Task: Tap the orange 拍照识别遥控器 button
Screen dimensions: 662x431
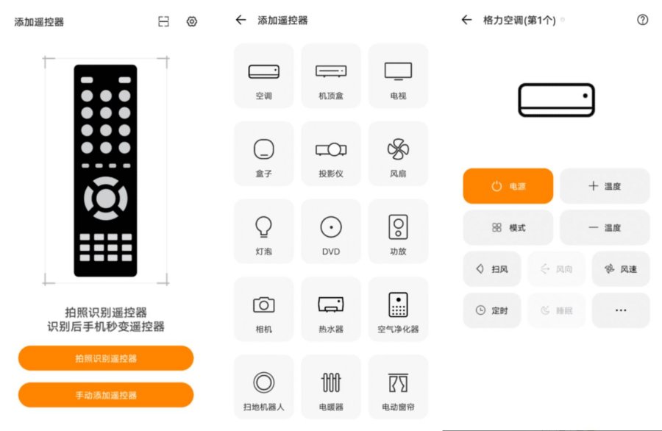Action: (x=105, y=358)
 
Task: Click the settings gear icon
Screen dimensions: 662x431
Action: (x=192, y=21)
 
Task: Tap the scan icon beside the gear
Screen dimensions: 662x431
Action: (x=163, y=21)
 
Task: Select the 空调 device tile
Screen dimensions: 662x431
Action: (x=264, y=76)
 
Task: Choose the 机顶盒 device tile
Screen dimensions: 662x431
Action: (x=331, y=76)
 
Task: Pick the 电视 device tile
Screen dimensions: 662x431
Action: (x=398, y=76)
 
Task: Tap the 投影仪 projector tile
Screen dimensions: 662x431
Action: (x=331, y=154)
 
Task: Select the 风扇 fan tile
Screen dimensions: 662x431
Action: (x=398, y=154)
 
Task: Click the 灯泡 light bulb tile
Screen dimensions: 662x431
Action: (x=264, y=232)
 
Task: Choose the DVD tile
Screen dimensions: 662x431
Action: (x=331, y=232)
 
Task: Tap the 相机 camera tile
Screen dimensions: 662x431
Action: (x=264, y=310)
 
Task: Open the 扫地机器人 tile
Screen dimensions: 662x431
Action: (x=264, y=387)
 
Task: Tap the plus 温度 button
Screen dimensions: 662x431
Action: (x=605, y=186)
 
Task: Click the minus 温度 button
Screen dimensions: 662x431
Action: (x=605, y=227)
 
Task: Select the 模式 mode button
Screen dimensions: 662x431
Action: (x=508, y=227)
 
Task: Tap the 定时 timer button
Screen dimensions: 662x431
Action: (x=492, y=310)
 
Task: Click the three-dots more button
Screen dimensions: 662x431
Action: (x=621, y=310)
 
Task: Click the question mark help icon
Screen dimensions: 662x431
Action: (x=642, y=20)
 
